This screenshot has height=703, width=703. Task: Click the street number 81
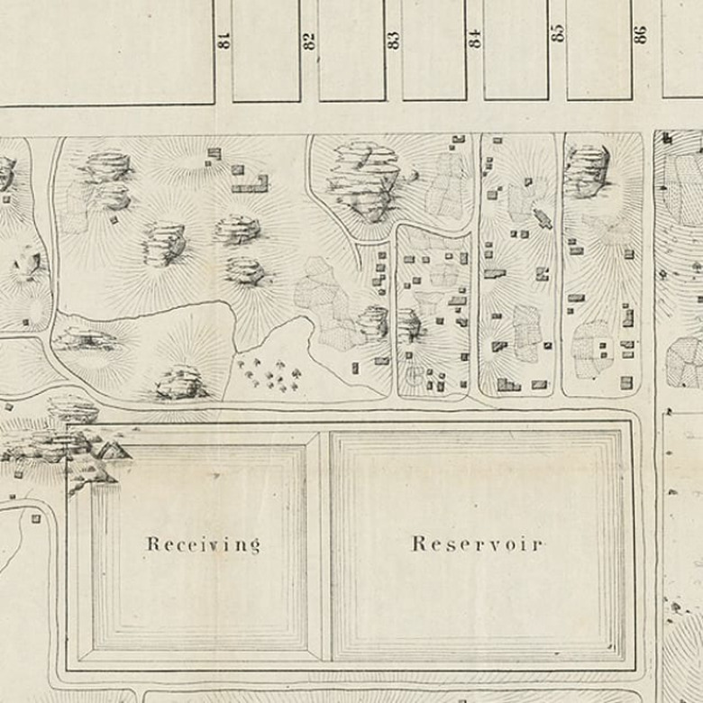(223, 40)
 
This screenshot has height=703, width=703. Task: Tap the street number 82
(309, 40)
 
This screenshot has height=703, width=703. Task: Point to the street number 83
(393, 40)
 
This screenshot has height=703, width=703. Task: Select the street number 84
(474, 40)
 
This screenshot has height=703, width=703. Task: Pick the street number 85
(558, 32)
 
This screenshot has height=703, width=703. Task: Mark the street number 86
(641, 34)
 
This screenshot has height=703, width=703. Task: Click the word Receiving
(203, 544)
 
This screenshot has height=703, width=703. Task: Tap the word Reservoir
(477, 543)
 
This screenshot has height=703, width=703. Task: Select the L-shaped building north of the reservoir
(251, 186)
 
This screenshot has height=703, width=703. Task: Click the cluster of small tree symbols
(269, 374)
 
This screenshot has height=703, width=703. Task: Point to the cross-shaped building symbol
(543, 217)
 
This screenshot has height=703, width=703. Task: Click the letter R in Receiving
(152, 544)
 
